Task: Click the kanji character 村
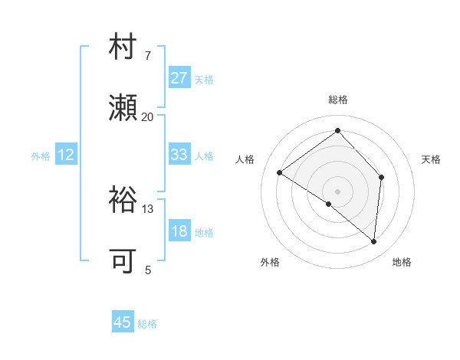coord(123,50)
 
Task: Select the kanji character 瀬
coord(123,110)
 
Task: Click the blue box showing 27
coord(179,78)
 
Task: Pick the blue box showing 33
coord(179,155)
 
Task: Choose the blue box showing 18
coord(179,231)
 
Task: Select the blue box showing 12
coord(66,155)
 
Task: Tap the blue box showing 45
coord(123,322)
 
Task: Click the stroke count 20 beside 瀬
coord(147,117)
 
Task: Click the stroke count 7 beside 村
coord(147,57)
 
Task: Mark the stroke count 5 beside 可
coord(147,270)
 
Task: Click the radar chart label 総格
coord(337,100)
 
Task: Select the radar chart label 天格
coord(431,159)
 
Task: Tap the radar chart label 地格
coord(402,262)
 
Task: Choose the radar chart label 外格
coord(270,262)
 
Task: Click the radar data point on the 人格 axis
coord(280,172)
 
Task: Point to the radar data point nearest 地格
coord(373,241)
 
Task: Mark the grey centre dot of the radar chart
coord(337,191)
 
